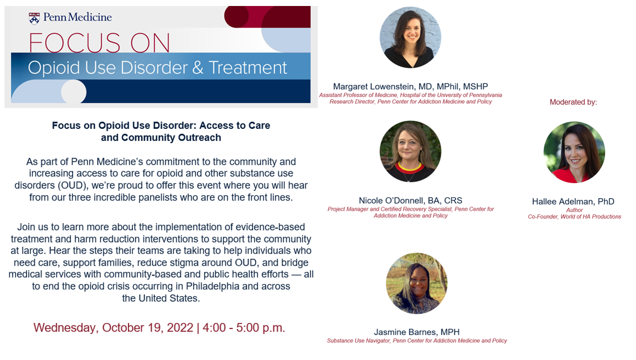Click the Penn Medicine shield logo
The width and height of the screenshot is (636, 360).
coord(34,18)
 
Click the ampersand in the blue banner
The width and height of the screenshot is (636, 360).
coord(198,68)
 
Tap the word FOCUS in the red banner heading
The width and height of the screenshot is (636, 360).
coord(74,43)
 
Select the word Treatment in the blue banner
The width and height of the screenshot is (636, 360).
coord(248,68)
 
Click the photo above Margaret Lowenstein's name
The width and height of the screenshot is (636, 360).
coord(410,37)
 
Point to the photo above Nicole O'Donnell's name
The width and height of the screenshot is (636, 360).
coord(410,151)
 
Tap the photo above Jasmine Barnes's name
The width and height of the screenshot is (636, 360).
coord(417,283)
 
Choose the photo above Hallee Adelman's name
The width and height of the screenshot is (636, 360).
coord(574,152)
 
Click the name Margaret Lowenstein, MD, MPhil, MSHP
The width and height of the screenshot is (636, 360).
coord(410,86)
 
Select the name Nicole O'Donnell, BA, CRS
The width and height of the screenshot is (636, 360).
coord(410,200)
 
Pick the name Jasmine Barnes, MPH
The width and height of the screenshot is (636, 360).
coord(417,332)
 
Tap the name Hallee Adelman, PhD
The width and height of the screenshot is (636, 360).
coord(573,201)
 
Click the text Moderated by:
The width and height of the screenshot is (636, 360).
coord(573,102)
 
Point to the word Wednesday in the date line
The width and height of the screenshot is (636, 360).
coord(66,328)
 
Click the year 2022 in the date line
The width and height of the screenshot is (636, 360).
coord(180,328)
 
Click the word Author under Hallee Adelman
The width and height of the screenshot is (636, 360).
coord(575,210)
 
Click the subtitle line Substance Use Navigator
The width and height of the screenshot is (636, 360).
coord(417,341)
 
